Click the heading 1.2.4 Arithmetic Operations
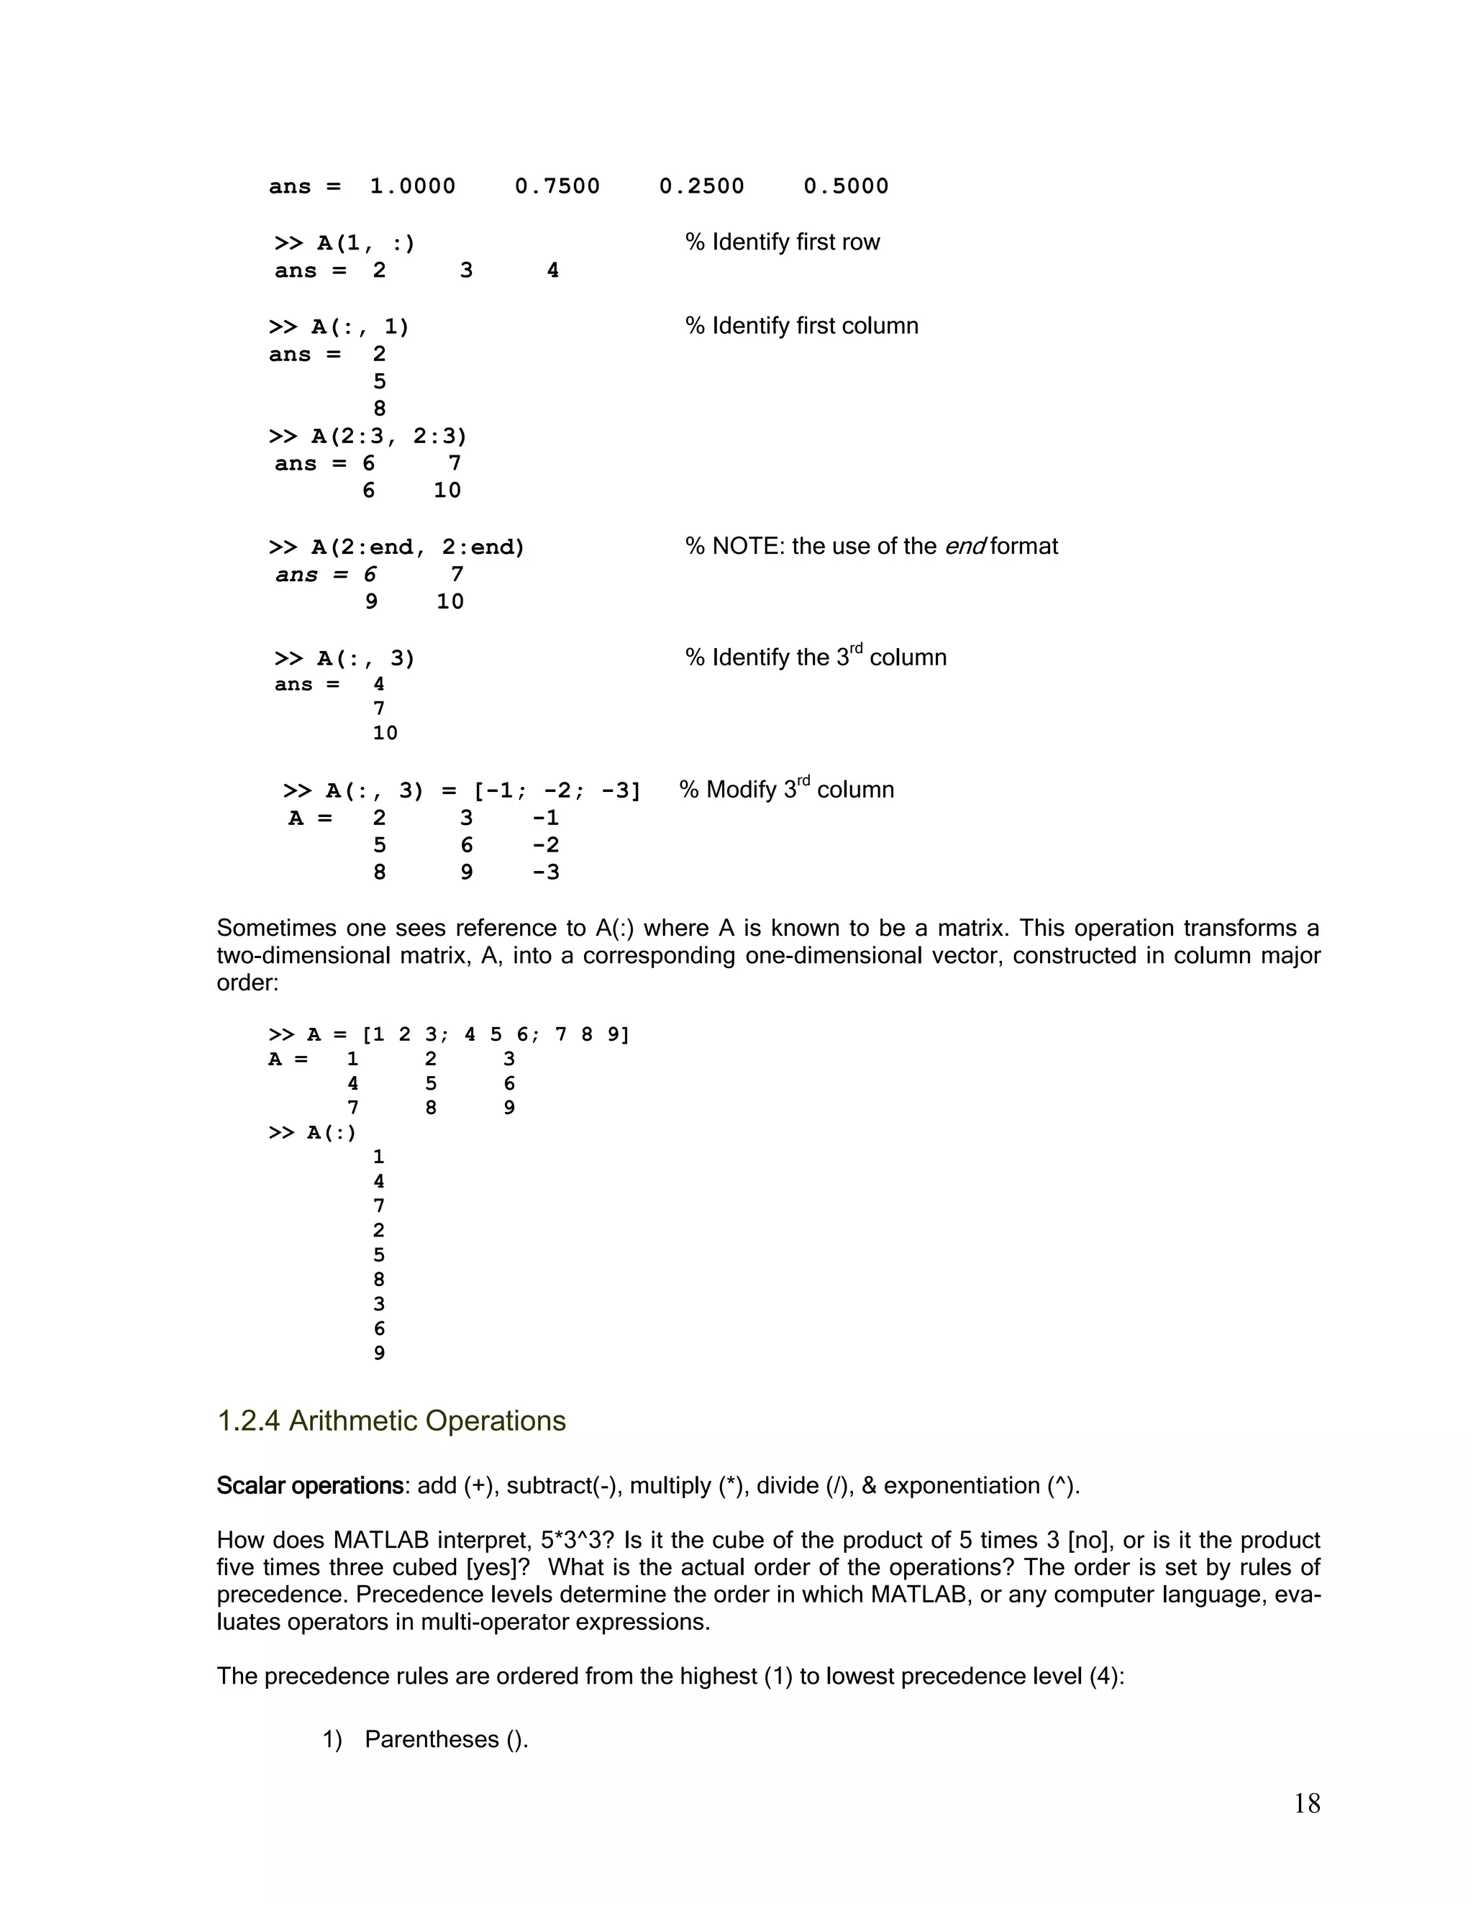pyautogui.click(x=391, y=1422)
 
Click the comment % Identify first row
pyautogui.click(x=782, y=242)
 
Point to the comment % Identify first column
pyautogui.click(x=801, y=327)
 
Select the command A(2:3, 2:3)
pyautogui.click(x=389, y=437)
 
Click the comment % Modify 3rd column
pyautogui.click(x=786, y=790)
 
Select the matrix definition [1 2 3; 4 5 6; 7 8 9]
pyautogui.click(x=495, y=1035)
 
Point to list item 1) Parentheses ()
pyautogui.click(x=425, y=1739)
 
